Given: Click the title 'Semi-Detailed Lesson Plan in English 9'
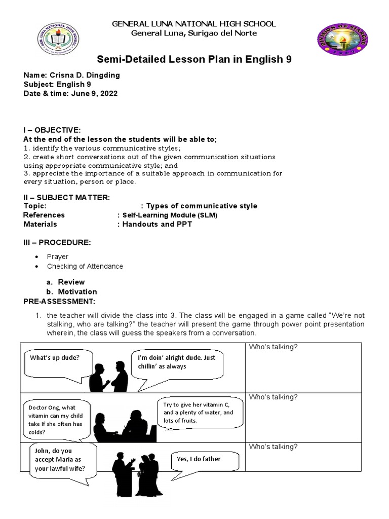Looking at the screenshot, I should click(x=194, y=60).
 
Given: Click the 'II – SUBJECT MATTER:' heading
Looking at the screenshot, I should click(x=66, y=197).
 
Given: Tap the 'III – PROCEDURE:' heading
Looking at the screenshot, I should click(x=57, y=243).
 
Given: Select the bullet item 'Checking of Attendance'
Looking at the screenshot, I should click(x=85, y=266).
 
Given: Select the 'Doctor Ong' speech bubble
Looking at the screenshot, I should click(x=56, y=420).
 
